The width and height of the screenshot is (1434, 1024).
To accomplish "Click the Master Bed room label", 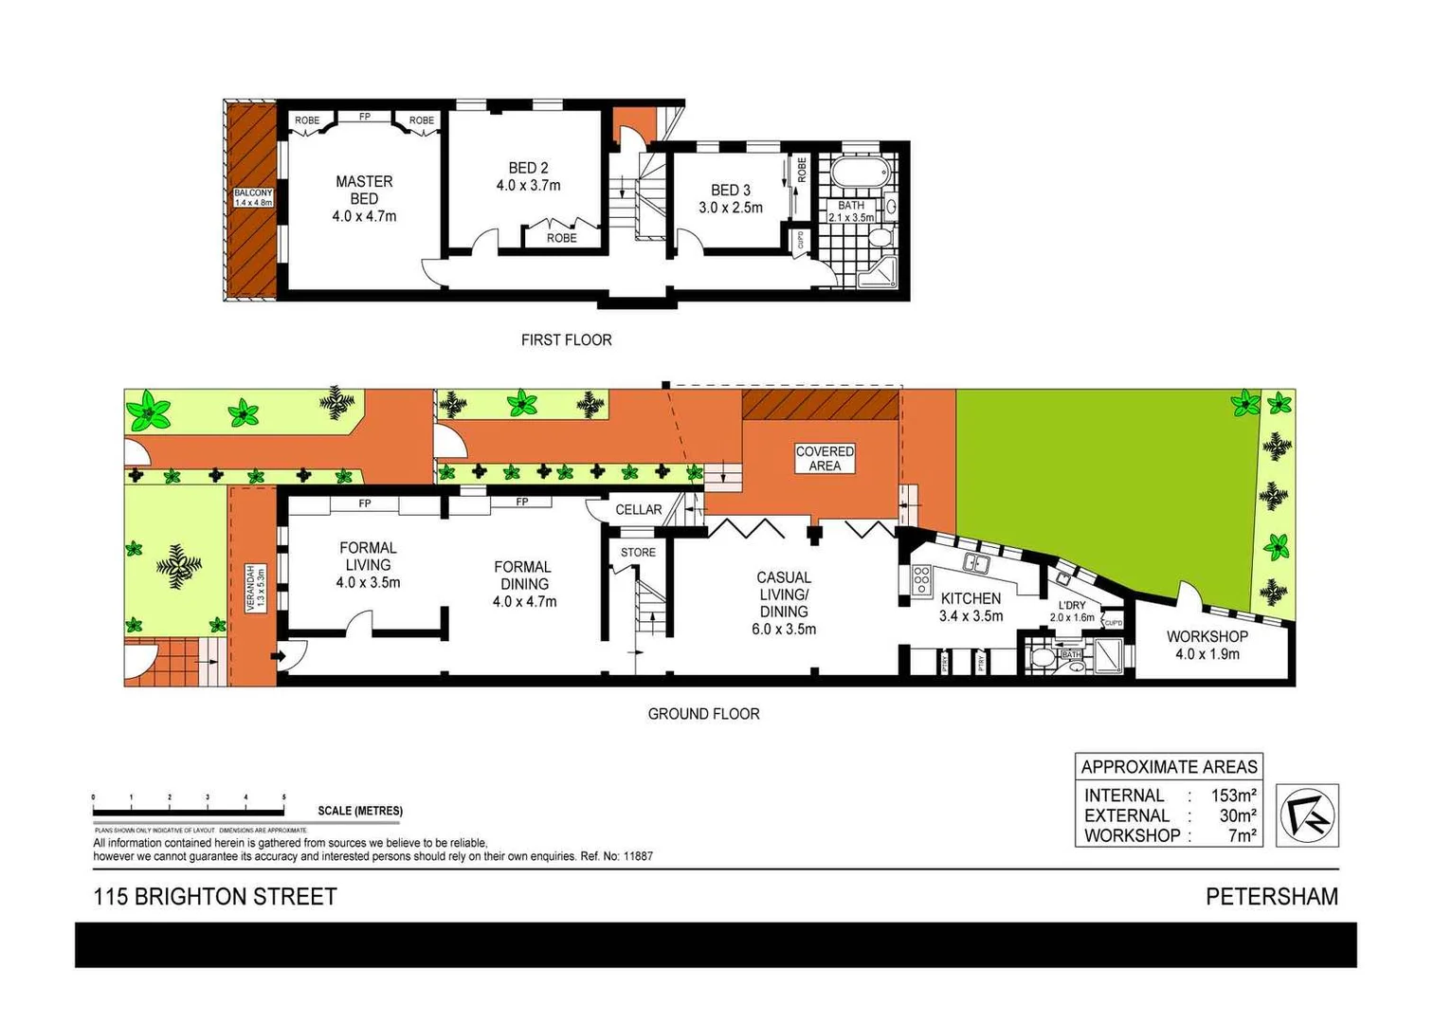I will (x=364, y=190).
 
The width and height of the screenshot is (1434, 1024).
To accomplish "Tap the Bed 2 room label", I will (x=528, y=168).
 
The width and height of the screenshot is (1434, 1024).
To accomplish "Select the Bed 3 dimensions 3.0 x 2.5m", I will (x=731, y=208).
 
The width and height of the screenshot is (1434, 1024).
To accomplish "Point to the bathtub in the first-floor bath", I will (x=861, y=174).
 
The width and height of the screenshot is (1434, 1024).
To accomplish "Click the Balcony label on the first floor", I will (x=253, y=197).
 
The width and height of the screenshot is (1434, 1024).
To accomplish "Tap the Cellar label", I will (x=639, y=509).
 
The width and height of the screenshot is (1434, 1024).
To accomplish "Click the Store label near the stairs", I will (x=638, y=552).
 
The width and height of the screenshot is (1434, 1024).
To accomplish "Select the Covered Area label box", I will (x=825, y=458).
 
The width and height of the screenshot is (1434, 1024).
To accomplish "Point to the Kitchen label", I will (x=971, y=598).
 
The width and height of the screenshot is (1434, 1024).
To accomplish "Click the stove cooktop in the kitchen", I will (x=920, y=579).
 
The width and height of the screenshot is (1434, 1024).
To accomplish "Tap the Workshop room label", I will (x=1207, y=636).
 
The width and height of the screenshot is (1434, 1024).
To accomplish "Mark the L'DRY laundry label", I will (x=1072, y=606).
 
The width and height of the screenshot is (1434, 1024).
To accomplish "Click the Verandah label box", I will (x=252, y=588).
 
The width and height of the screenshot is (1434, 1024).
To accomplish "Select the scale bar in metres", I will (x=189, y=812).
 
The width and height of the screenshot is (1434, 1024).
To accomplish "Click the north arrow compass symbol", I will (x=1307, y=815).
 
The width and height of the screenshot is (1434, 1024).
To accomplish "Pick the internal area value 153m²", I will (x=1233, y=795).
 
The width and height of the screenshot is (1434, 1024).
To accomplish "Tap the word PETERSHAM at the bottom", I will (x=1271, y=896).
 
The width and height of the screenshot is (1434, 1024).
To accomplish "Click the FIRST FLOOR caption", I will (x=566, y=339).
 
